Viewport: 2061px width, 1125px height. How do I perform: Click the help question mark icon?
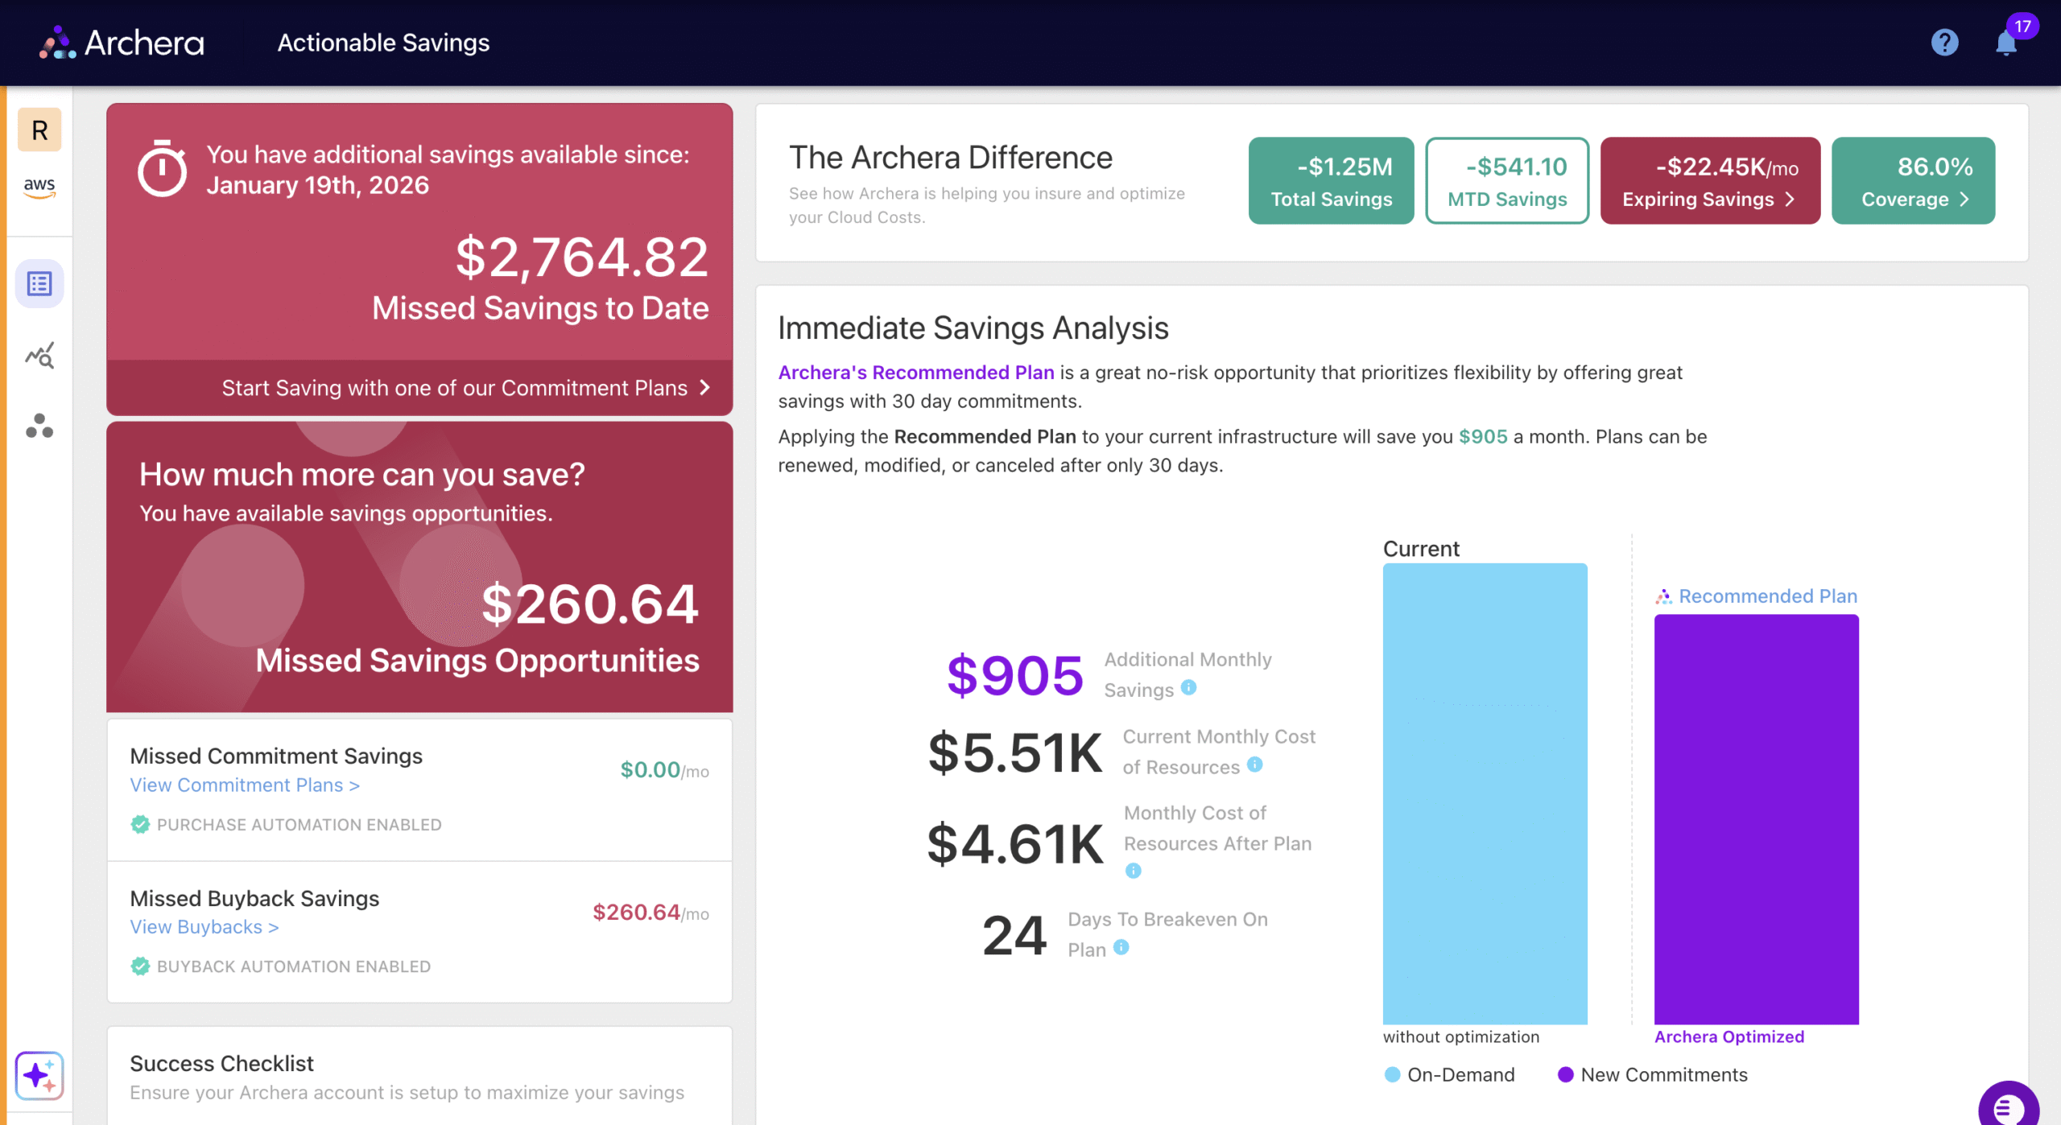click(x=1944, y=42)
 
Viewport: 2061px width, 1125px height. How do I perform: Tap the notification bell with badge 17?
click(x=2005, y=42)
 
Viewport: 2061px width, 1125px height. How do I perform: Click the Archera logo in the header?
click(x=122, y=43)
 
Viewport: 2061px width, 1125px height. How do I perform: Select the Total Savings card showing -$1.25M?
click(x=1331, y=180)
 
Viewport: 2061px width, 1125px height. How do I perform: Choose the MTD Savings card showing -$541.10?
click(x=1507, y=180)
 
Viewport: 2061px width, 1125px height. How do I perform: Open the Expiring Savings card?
click(x=1710, y=180)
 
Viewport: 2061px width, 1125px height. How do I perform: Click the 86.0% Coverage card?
click(x=1913, y=180)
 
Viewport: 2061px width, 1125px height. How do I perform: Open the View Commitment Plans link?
click(x=245, y=785)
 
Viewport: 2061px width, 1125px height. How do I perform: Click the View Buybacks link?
click(x=204, y=927)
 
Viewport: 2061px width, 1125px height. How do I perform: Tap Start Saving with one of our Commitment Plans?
click(x=465, y=388)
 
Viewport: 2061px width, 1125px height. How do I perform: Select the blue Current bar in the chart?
click(x=1485, y=793)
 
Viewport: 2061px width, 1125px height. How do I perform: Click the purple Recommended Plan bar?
click(x=1756, y=819)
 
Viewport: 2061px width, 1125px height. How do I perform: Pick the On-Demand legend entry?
click(x=1450, y=1074)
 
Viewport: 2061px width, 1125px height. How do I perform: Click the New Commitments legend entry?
click(x=1653, y=1074)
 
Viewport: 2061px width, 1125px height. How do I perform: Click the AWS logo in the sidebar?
click(x=39, y=187)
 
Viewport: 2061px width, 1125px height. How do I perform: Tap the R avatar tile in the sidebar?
click(x=39, y=130)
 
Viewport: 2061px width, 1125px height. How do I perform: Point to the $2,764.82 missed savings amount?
click(x=581, y=258)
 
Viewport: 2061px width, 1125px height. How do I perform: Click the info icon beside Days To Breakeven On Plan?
click(x=1121, y=947)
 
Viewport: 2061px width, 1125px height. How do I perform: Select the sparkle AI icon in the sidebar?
click(x=39, y=1075)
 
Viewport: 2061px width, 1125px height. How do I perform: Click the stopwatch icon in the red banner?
click(x=162, y=168)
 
